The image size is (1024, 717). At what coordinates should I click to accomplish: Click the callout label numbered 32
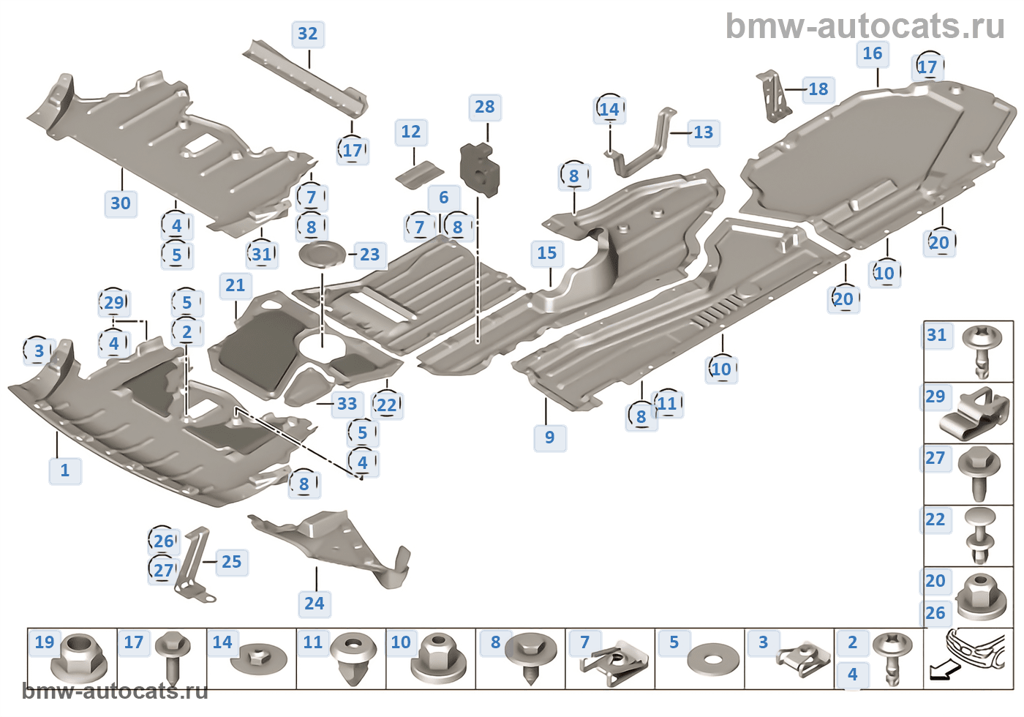308,34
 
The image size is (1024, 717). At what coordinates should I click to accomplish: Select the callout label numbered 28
485,108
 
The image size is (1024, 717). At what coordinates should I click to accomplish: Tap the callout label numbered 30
121,203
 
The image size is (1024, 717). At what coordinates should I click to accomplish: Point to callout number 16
872,54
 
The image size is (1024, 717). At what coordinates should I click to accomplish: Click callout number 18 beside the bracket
818,89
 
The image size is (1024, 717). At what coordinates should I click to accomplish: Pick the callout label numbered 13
704,133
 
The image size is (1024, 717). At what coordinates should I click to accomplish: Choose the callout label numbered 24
315,604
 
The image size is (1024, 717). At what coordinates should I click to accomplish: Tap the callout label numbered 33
347,404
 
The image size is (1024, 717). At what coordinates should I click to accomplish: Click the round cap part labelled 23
323,255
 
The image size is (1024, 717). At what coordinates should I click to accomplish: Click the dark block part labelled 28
480,170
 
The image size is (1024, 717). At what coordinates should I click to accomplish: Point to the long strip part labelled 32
306,78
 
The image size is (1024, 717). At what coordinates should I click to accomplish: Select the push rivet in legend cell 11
353,659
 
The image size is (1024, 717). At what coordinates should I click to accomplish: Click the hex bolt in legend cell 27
979,474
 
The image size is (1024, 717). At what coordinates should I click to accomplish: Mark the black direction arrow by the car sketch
944,672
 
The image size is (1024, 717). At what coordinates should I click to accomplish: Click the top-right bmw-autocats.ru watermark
865,27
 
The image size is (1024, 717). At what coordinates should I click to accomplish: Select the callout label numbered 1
65,471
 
